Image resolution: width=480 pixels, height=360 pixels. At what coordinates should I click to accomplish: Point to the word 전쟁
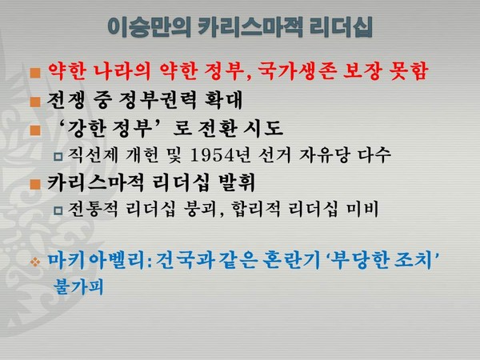click(71, 102)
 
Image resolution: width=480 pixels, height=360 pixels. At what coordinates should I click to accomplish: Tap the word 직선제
click(95, 156)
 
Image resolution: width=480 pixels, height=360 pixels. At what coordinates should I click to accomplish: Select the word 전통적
click(95, 210)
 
